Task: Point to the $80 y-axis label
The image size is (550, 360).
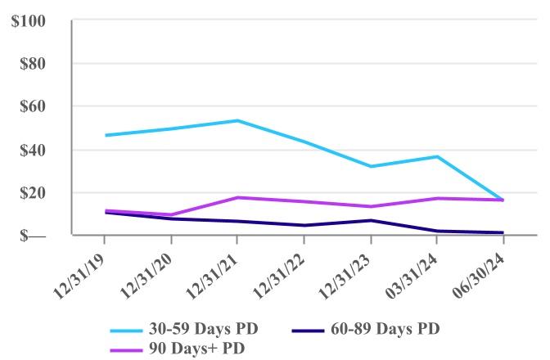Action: (x=35, y=63)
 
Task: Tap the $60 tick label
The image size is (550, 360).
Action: (x=35, y=106)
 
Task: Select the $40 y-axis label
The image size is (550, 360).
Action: (x=35, y=150)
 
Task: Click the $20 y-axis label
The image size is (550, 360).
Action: (x=35, y=193)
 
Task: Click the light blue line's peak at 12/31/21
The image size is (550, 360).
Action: (x=237, y=120)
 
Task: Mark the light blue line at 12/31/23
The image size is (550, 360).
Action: (x=371, y=166)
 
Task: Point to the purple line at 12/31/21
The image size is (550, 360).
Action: (x=237, y=197)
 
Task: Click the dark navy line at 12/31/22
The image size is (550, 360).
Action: (x=304, y=225)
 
